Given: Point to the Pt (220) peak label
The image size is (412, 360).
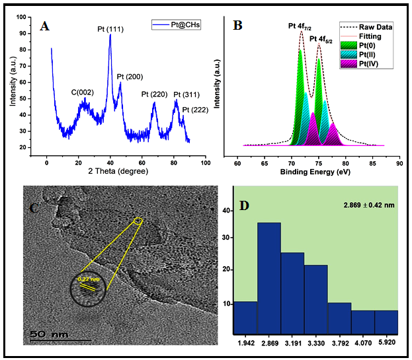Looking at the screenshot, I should pos(153,94).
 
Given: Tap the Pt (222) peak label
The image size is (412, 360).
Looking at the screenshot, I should pos(195,110).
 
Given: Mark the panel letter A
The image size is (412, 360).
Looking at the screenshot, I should pos(44,26).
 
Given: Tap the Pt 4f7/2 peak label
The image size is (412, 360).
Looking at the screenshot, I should pos(300,26).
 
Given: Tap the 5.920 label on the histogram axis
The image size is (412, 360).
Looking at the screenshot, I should pos(387,344).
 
